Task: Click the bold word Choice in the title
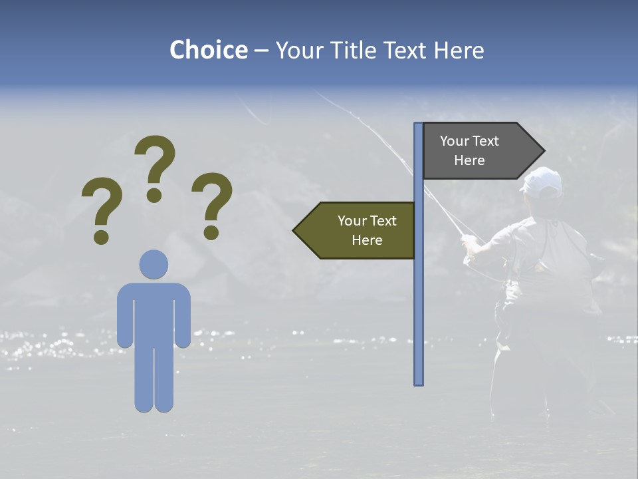point(208,51)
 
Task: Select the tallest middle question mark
point(155,166)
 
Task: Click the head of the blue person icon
point(154,264)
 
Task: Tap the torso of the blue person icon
point(154,313)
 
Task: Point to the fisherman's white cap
point(542,181)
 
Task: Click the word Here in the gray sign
point(469,160)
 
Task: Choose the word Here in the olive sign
point(367,240)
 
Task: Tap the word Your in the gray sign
point(455,141)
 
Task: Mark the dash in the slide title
point(261,51)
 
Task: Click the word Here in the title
point(459,51)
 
